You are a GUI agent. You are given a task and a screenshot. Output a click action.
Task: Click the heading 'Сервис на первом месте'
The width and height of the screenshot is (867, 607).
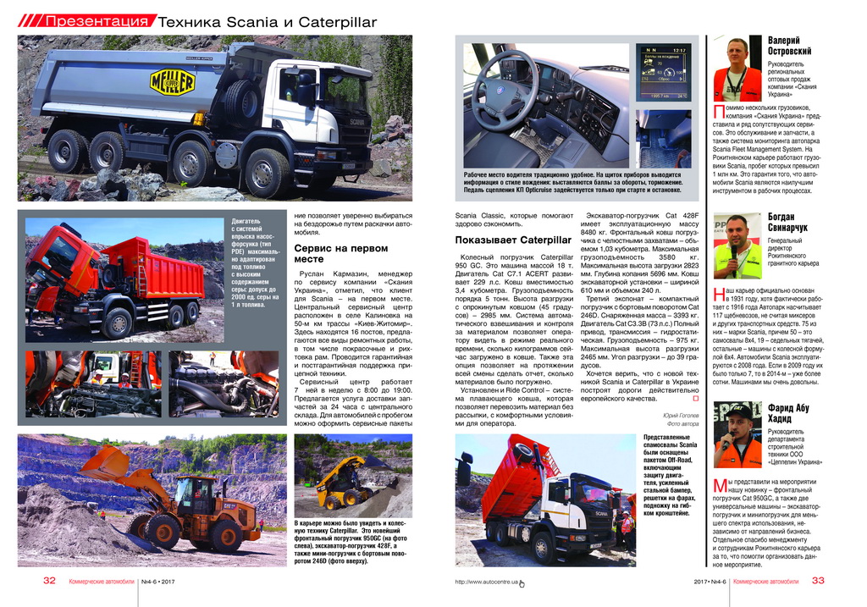pos(340,254)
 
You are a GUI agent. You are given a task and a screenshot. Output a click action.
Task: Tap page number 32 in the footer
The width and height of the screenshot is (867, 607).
pos(49,582)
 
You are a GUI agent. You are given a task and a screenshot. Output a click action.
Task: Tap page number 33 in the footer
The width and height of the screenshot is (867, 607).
pos(817,582)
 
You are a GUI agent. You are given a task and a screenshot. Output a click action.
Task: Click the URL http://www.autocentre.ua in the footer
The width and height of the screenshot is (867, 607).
pos(486,582)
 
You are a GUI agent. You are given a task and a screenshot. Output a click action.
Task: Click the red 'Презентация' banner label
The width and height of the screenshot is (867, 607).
pos(97,21)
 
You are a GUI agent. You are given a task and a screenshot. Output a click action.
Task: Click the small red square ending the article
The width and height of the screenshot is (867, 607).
pos(695,398)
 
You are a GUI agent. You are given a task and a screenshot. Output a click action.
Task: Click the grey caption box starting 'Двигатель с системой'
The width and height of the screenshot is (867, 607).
pos(256,262)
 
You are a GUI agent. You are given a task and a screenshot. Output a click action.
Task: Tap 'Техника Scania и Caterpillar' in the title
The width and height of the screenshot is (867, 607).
pos(268,22)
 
